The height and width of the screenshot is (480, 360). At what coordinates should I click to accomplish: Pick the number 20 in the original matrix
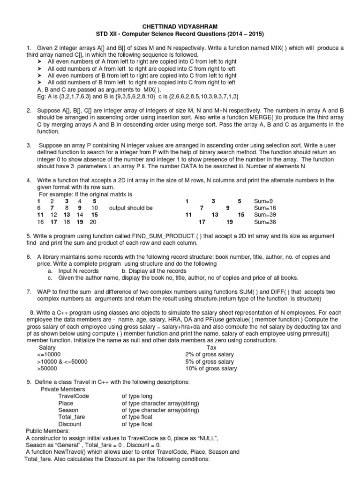pos(93,222)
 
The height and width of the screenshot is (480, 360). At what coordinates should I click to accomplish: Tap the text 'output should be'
pos(130,208)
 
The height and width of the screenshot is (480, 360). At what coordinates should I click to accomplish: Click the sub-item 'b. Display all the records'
pos(154,271)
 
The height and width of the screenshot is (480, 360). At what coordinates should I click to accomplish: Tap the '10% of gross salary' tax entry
pos(211,368)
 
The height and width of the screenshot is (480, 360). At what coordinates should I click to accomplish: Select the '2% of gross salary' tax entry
pos(210,354)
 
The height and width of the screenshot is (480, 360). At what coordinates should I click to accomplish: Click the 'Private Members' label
pos(63,389)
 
